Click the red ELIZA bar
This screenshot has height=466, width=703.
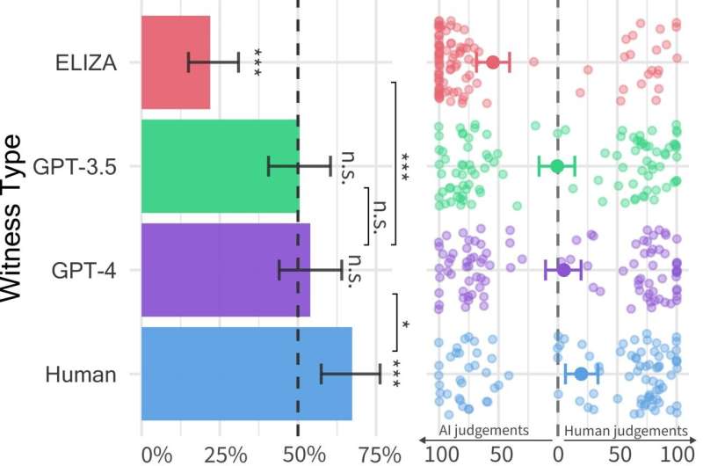(x=176, y=62)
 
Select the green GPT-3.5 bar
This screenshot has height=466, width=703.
(x=220, y=166)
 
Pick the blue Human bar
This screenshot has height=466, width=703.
(x=247, y=374)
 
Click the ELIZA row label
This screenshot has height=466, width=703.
(x=85, y=62)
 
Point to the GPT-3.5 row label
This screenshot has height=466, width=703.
(x=75, y=166)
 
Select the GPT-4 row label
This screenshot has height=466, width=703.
(x=85, y=270)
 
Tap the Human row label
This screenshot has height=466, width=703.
(x=81, y=375)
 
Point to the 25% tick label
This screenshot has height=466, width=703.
(x=226, y=455)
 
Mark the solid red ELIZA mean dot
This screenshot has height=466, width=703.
(x=493, y=62)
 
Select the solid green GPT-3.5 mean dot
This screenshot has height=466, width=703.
(x=556, y=166)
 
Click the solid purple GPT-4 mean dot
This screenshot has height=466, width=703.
(x=563, y=270)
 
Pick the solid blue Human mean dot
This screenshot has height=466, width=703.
(x=582, y=374)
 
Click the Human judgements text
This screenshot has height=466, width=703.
(x=626, y=431)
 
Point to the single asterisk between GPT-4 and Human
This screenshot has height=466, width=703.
(x=405, y=324)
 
